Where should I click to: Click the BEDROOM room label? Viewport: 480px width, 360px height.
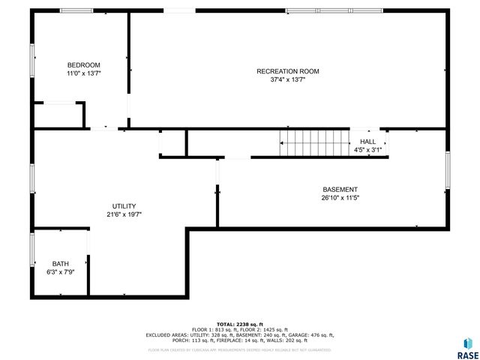(x=83, y=65)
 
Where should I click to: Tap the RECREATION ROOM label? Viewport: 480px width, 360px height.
(x=287, y=71)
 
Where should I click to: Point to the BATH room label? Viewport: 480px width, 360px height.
(x=60, y=264)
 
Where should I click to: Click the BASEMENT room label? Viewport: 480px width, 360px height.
(x=340, y=190)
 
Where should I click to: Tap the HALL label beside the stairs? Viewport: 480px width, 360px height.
(x=367, y=142)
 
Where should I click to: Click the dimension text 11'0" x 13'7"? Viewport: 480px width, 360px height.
(x=83, y=74)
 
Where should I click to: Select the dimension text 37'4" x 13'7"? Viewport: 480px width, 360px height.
(x=287, y=79)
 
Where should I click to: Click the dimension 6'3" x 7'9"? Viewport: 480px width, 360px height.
(x=60, y=272)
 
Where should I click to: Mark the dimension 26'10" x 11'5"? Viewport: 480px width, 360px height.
(x=340, y=199)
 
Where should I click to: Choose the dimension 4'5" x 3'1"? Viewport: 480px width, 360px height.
(x=367, y=150)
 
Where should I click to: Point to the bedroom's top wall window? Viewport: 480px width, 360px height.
(x=76, y=10)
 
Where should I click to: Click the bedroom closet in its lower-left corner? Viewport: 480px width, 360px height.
(x=58, y=115)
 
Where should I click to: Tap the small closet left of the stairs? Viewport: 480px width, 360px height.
(x=172, y=142)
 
